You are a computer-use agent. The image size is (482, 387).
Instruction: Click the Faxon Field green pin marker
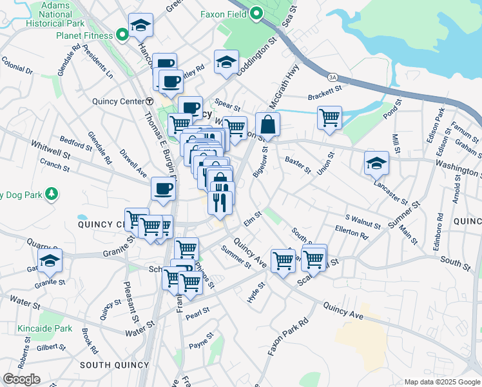tap(256, 14)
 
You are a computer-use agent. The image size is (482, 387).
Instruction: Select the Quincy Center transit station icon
tap(149, 101)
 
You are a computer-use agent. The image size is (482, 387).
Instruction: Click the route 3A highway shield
tap(333, 77)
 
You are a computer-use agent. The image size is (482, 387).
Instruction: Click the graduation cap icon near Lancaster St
tap(376, 163)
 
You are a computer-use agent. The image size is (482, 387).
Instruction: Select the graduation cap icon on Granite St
tap(50, 261)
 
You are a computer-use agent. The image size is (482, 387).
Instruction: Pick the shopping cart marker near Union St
tap(329, 118)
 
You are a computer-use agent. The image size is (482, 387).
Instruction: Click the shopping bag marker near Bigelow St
tap(267, 124)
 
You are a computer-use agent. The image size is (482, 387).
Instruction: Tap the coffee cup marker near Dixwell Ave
tap(163, 189)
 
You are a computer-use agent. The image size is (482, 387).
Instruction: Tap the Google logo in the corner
tap(21, 379)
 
